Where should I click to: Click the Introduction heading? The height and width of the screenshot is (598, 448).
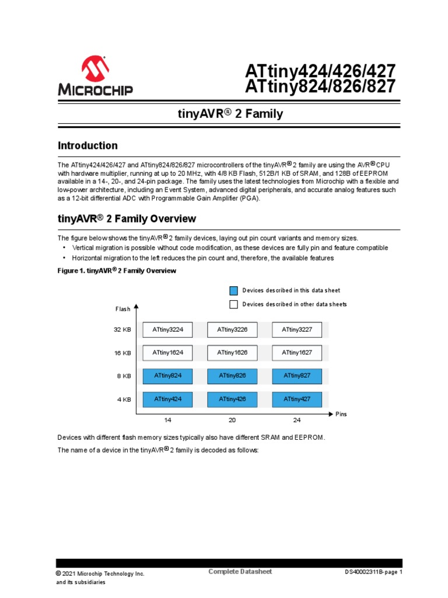[x=87, y=145]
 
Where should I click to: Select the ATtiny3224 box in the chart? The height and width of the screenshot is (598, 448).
[x=168, y=330]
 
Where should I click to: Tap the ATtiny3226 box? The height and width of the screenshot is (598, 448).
[x=232, y=330]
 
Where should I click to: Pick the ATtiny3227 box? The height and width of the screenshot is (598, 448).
[x=297, y=330]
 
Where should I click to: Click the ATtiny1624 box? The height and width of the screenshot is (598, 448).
[x=168, y=353]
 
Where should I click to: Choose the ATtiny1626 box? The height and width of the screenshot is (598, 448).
[x=232, y=353]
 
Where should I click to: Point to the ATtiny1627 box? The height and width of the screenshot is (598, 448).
[x=297, y=353]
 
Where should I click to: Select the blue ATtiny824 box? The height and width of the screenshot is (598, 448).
[x=168, y=376]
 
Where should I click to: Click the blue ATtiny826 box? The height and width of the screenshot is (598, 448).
[x=232, y=376]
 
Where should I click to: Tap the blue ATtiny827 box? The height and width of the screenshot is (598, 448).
[x=297, y=376]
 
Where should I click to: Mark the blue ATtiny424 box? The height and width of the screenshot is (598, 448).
[x=168, y=399]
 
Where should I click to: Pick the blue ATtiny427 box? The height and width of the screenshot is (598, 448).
[x=297, y=399]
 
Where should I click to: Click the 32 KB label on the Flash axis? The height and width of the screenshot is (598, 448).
[x=123, y=330]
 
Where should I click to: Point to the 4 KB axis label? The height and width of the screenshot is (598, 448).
[x=124, y=399]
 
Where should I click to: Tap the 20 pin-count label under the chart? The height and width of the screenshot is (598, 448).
[x=232, y=420]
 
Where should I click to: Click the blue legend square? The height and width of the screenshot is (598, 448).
[x=233, y=290]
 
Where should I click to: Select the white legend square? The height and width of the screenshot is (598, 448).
[x=233, y=304]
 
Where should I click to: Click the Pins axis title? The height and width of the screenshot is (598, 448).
[x=341, y=414]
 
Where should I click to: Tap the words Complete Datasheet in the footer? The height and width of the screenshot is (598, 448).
[x=240, y=571]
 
